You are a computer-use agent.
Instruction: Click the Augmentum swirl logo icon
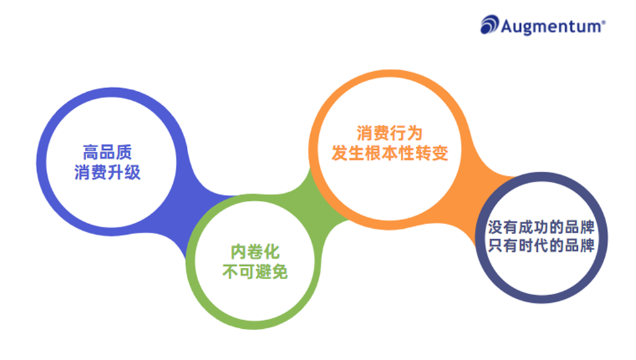[490, 25]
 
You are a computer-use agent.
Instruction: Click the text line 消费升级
[108, 173]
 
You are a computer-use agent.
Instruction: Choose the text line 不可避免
[254, 272]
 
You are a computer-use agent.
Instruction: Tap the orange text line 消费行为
[390, 132]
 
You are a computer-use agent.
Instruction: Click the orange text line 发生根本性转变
[390, 153]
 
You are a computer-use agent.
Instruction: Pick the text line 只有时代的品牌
[539, 245]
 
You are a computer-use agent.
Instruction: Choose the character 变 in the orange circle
[441, 153]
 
